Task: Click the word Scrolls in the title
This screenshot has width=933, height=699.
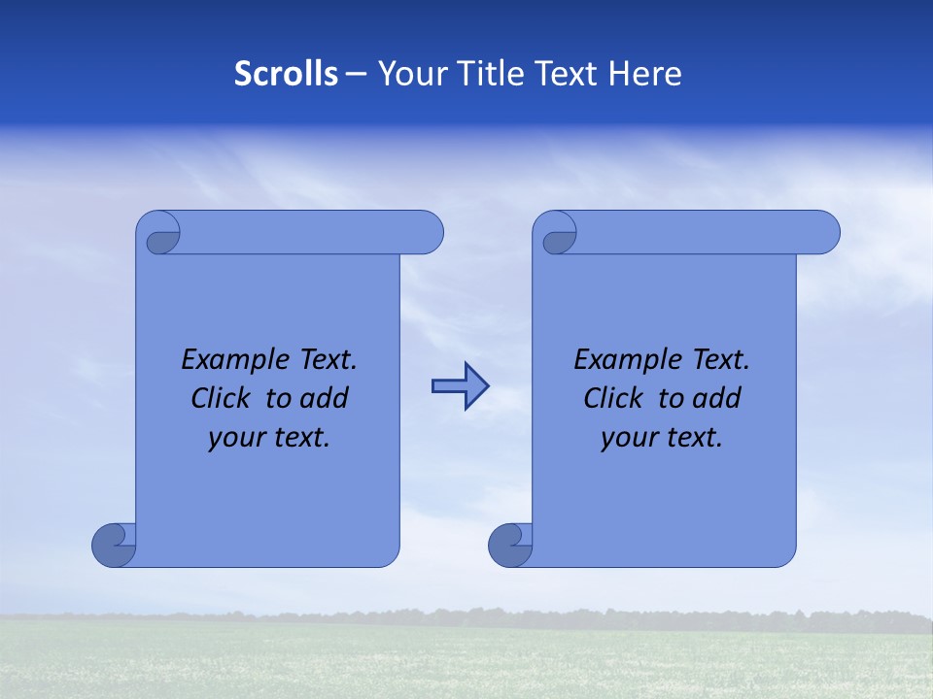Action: click(287, 74)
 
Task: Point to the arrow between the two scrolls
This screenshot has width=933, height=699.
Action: click(460, 386)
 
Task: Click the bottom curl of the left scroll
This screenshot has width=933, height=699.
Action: click(114, 546)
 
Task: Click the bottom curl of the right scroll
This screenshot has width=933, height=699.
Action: click(510, 546)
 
